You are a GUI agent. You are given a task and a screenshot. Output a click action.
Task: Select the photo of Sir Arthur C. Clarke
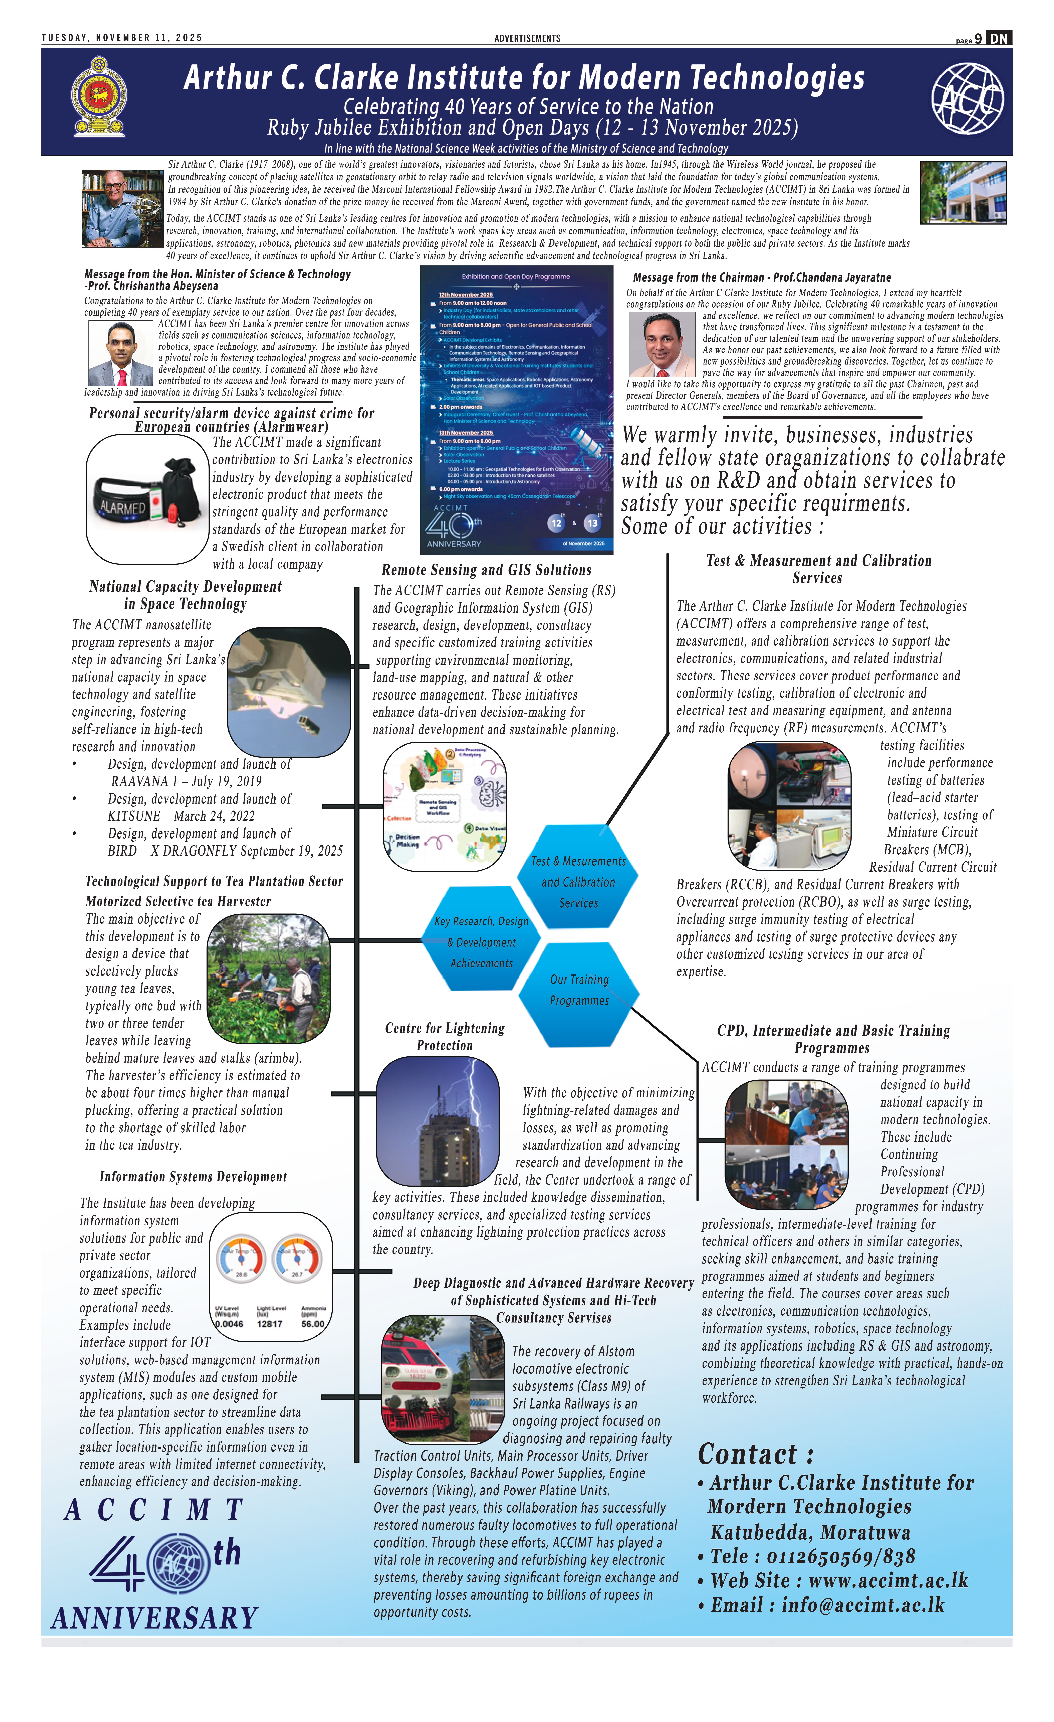click(122, 208)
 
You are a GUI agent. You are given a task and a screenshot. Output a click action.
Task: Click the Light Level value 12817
click(270, 1324)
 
